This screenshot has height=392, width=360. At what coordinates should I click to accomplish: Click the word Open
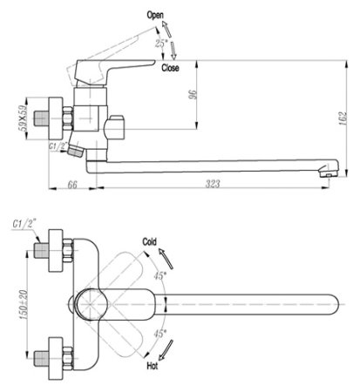click(155, 15)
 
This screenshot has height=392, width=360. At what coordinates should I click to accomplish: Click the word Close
click(170, 68)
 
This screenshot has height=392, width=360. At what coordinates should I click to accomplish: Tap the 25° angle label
click(161, 44)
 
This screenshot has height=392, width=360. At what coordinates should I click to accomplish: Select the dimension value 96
click(193, 94)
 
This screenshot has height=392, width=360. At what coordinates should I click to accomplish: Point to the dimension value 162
click(343, 118)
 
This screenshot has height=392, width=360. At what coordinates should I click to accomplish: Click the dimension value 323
click(213, 184)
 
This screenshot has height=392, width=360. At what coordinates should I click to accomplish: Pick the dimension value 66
click(72, 185)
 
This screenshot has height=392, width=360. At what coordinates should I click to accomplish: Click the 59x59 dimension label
click(23, 118)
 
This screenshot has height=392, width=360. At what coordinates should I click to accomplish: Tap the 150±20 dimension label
click(24, 305)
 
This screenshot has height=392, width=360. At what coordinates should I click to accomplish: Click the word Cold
click(149, 241)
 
